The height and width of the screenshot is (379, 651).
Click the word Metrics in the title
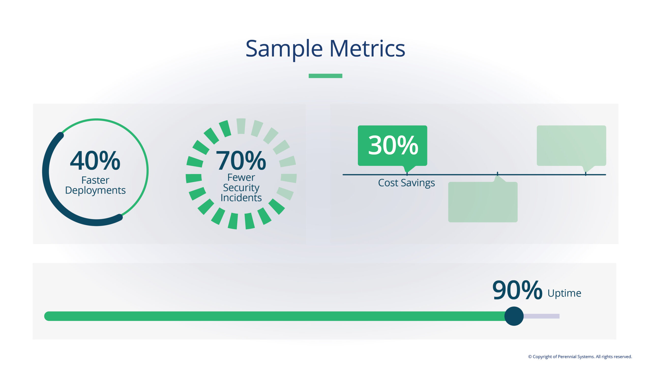coord(367,49)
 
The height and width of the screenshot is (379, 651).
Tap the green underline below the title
coord(325,76)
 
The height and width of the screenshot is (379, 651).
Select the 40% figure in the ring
coord(95,161)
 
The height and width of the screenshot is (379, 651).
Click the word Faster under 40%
coord(95,180)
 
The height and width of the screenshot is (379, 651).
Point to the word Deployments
coord(95,191)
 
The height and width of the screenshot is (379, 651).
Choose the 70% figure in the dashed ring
coord(241,161)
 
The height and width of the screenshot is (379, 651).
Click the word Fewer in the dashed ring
coord(241,178)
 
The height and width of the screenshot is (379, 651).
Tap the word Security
coord(241,187)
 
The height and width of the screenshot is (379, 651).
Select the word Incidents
coord(241,198)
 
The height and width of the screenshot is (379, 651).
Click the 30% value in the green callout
coord(393,145)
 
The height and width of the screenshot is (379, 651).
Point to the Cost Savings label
coord(406,183)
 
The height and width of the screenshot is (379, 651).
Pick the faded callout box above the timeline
coord(571,145)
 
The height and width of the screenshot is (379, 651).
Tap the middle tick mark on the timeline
coord(497,174)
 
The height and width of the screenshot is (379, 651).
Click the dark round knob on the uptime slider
coord(514,316)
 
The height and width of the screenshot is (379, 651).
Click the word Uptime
coord(564,293)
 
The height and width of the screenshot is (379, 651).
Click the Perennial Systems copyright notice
coord(580,357)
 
